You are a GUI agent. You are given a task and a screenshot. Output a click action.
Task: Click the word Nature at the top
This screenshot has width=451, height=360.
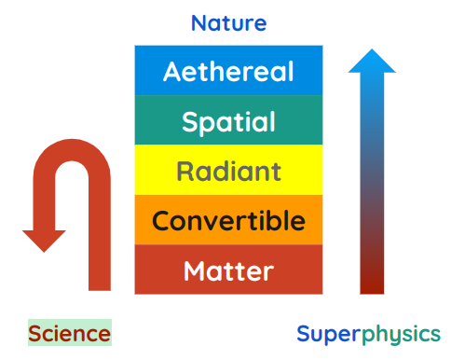point(228,22)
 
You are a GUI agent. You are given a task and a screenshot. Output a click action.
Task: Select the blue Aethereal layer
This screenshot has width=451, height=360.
point(228,71)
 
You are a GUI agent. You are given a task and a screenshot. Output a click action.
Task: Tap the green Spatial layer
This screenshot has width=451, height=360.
point(228,121)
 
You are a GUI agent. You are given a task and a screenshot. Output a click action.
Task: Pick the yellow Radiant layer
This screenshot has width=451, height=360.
point(228,171)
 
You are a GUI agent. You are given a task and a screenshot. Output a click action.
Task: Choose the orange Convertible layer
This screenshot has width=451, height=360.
point(228,221)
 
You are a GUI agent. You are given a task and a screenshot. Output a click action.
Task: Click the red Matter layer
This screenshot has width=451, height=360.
point(228,270)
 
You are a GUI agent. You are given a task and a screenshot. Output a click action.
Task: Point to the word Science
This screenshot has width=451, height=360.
point(69,333)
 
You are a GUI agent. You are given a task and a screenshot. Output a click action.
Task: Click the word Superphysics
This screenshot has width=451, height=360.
point(369,333)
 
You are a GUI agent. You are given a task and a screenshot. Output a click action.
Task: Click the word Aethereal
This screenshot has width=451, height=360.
point(228,71)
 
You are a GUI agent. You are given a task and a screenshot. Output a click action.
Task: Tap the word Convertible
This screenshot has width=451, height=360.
point(228,221)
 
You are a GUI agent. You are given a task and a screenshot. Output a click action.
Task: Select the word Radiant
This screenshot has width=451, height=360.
point(228,172)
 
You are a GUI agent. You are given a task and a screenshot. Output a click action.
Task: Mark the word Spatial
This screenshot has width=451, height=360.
point(228,121)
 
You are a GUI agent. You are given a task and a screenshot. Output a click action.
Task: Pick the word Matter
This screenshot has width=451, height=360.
point(228,271)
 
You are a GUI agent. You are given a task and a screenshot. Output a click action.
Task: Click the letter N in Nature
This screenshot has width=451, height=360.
point(198,22)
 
